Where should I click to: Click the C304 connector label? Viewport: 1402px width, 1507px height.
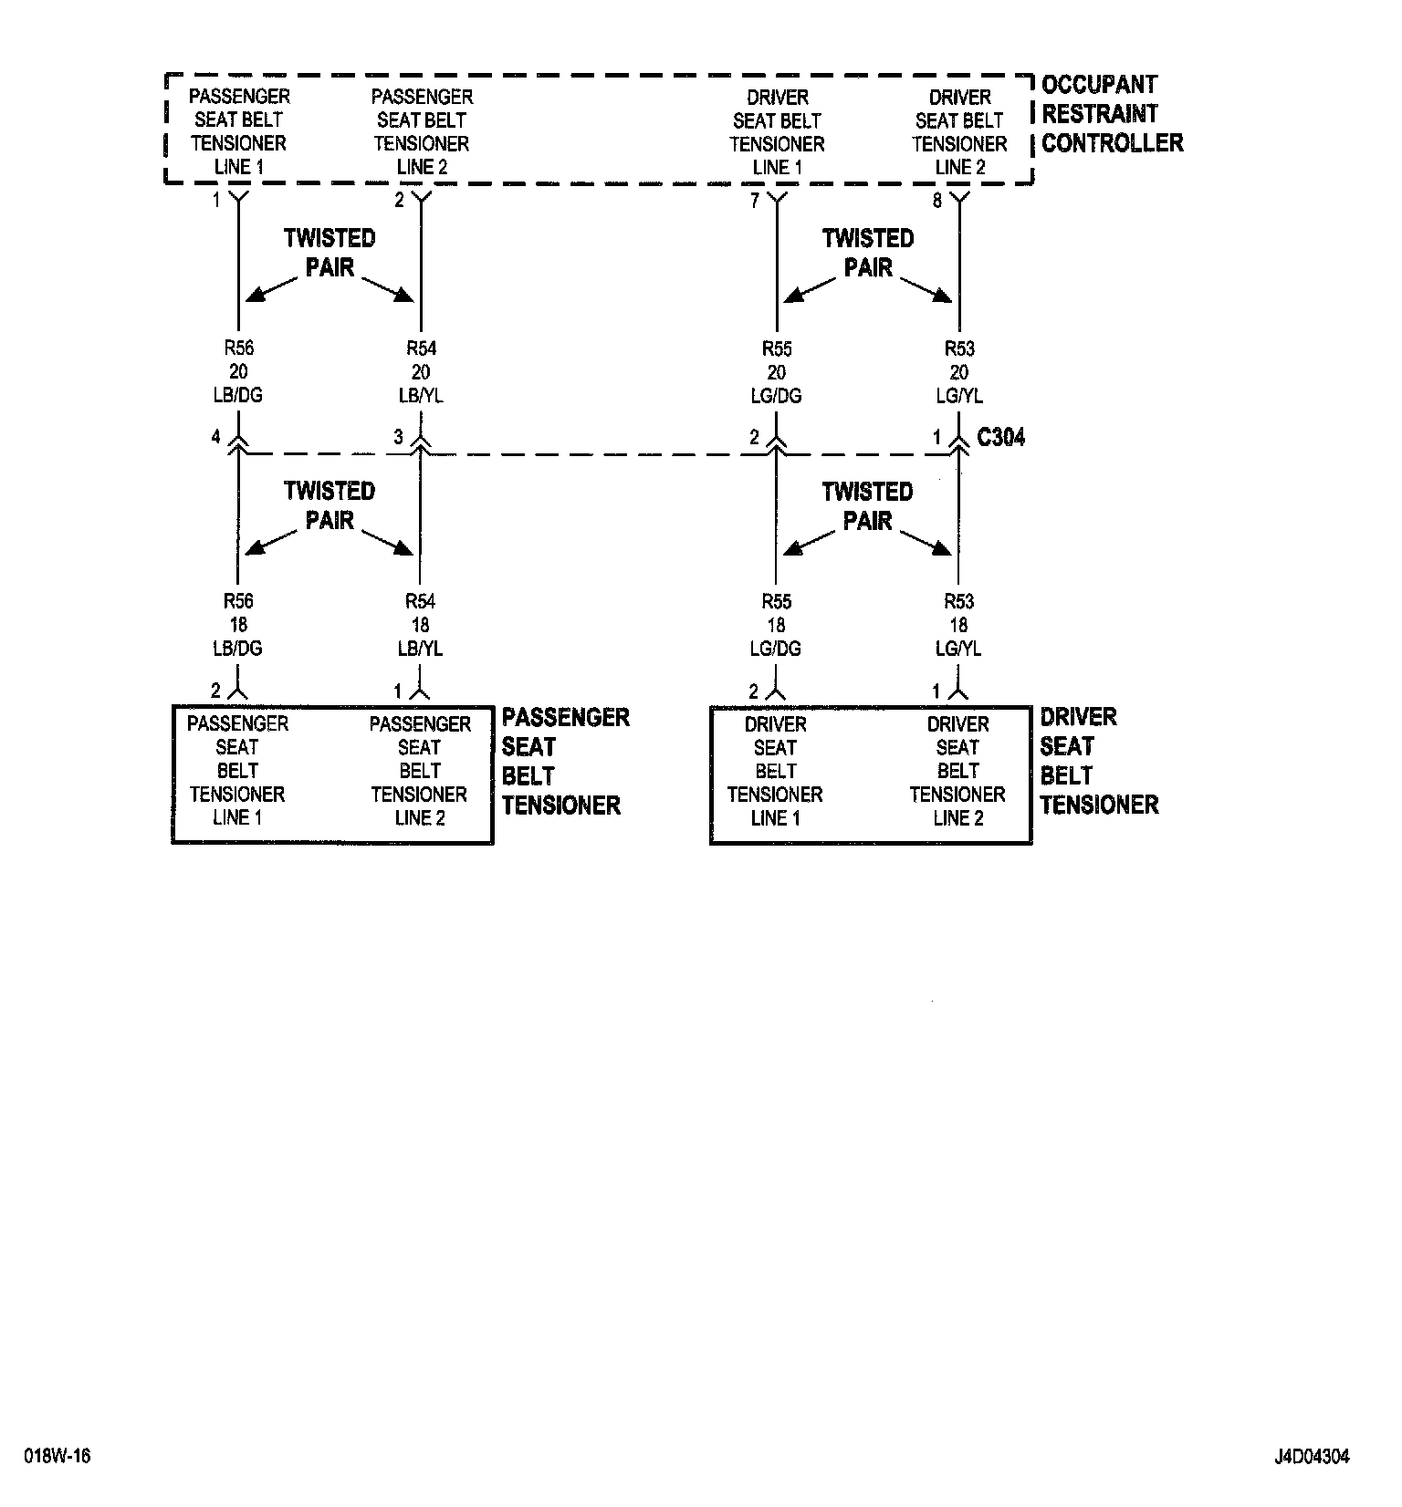tap(1000, 438)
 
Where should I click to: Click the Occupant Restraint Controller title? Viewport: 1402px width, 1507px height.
tap(1112, 114)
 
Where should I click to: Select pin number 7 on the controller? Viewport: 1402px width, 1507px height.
tap(755, 202)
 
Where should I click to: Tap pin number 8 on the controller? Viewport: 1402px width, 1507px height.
tap(936, 202)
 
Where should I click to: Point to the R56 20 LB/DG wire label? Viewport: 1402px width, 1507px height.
tap(238, 371)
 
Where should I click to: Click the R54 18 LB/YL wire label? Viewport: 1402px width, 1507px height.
tap(420, 625)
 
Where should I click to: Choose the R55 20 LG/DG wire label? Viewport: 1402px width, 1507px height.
tap(777, 372)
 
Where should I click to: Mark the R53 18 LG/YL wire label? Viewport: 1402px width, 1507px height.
tap(958, 625)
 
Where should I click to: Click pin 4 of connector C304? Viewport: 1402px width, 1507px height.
tap(216, 437)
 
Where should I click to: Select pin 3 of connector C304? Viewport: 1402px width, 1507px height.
tap(398, 437)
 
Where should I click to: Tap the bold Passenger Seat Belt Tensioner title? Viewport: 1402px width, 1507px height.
tap(565, 761)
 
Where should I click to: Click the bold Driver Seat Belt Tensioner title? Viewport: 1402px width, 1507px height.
tap(1099, 761)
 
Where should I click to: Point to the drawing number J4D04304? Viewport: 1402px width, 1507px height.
tap(1312, 1457)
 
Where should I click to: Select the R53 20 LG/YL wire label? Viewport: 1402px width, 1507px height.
tap(959, 372)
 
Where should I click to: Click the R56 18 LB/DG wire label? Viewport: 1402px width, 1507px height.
tap(238, 625)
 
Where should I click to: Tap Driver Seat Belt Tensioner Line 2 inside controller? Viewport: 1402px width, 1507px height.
tap(959, 132)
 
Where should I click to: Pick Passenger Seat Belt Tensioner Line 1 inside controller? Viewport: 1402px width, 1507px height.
tap(239, 132)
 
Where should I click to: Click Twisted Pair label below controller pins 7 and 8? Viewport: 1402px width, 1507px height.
tap(867, 253)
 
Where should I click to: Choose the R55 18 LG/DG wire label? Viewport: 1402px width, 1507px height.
tap(777, 625)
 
